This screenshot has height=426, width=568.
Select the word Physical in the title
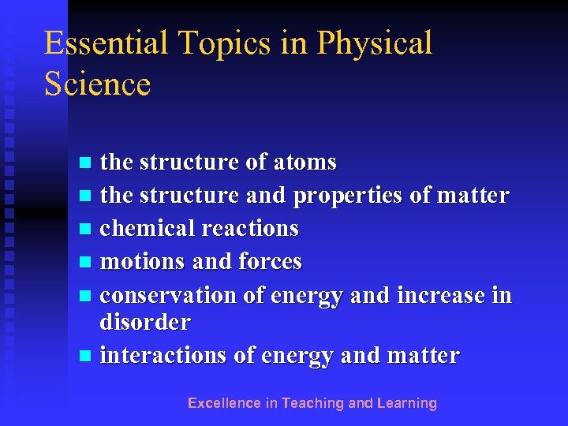tap(375, 43)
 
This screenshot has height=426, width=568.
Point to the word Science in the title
tap(97, 84)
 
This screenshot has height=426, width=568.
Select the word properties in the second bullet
tap(349, 196)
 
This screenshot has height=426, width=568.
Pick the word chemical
tap(148, 229)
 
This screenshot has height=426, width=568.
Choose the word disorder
tap(145, 322)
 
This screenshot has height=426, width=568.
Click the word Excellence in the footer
tap(224, 403)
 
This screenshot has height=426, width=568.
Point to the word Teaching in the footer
tap(313, 403)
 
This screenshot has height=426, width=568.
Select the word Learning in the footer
tap(407, 403)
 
